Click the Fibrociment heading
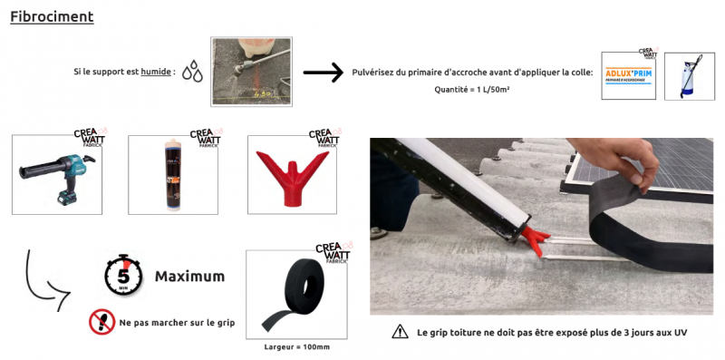52,17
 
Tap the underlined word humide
157,72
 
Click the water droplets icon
191,73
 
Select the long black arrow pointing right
323,73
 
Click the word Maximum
189,276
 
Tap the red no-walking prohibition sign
101,321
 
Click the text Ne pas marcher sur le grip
177,322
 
